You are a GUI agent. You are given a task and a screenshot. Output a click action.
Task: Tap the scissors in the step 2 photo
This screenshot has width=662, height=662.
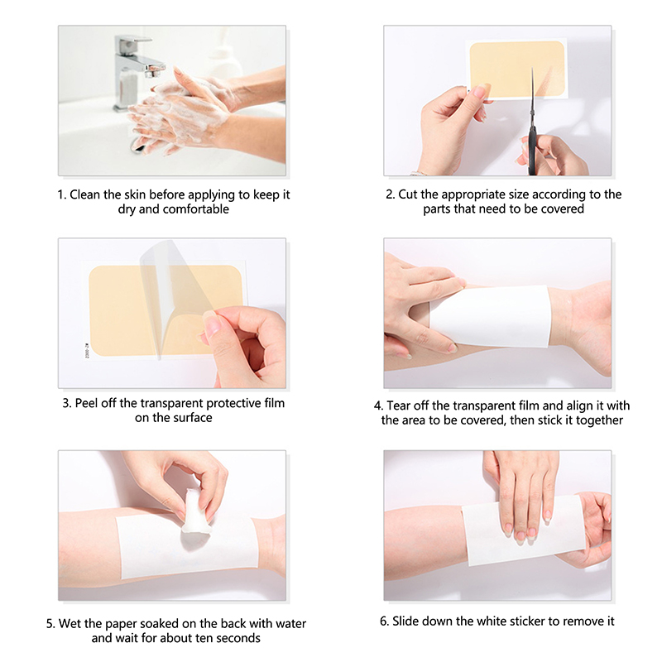click(533, 127)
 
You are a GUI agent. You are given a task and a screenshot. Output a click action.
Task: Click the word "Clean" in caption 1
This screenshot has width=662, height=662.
click(86, 194)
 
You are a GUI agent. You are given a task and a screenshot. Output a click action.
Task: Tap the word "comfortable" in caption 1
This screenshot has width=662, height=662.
click(196, 209)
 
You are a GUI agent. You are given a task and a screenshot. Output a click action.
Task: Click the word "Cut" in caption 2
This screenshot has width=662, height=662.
click(407, 194)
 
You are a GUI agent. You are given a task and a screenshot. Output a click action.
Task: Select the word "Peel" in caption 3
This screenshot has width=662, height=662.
click(87, 403)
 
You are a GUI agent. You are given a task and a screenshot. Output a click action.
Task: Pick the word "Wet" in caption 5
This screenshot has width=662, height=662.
click(70, 624)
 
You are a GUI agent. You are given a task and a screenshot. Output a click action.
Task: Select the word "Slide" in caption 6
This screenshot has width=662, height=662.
click(405, 621)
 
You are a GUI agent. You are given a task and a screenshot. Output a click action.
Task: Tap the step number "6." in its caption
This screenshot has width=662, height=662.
click(384, 621)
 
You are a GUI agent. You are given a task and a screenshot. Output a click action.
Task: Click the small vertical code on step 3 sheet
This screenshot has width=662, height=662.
click(88, 351)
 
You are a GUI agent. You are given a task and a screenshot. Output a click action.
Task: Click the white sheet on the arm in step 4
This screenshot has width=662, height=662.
click(490, 316)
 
